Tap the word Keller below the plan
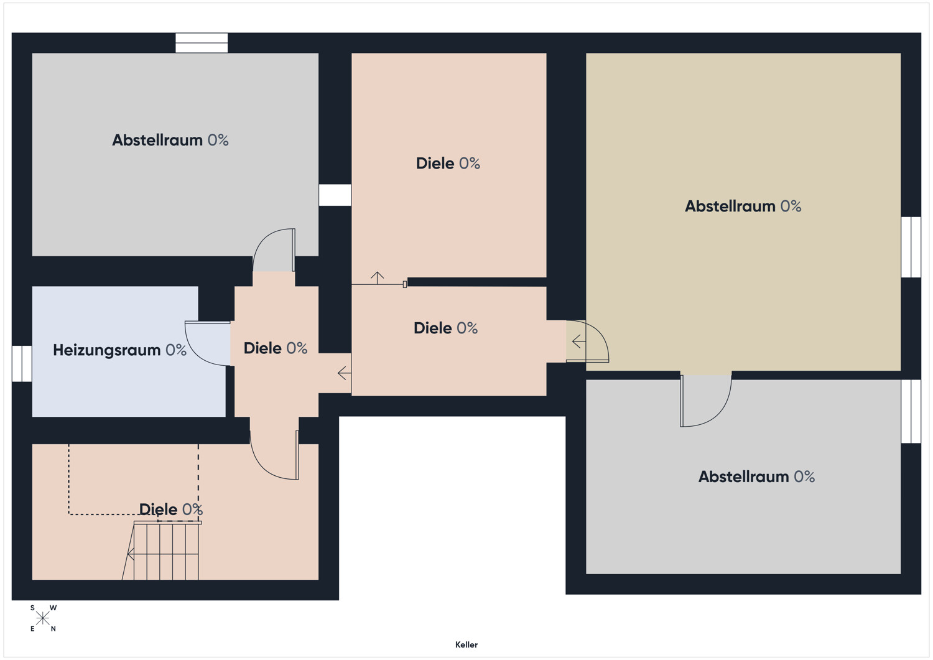[466, 644]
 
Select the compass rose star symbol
[42, 618]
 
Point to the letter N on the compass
[53, 629]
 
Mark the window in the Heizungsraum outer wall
[22, 363]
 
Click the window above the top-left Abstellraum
[202, 43]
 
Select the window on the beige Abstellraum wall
[911, 247]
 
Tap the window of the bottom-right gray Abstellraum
[911, 411]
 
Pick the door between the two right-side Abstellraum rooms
[705, 401]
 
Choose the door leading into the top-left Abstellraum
[274, 249]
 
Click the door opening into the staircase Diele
[274, 455]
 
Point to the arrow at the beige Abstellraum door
[579, 342]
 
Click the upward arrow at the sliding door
[378, 278]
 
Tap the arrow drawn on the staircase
[131, 554]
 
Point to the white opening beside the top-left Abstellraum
[335, 195]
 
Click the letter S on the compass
[32, 608]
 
